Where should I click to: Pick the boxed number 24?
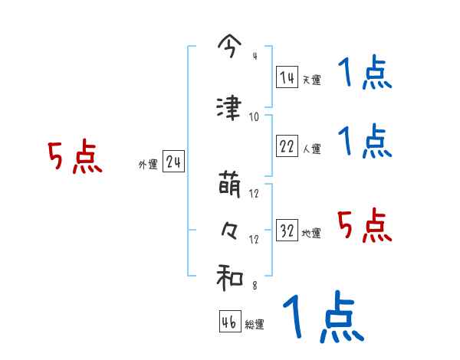(x=173, y=162)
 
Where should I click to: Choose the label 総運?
(x=255, y=325)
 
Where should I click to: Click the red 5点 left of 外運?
(x=74, y=158)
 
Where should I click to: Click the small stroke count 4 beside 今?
(x=255, y=57)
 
